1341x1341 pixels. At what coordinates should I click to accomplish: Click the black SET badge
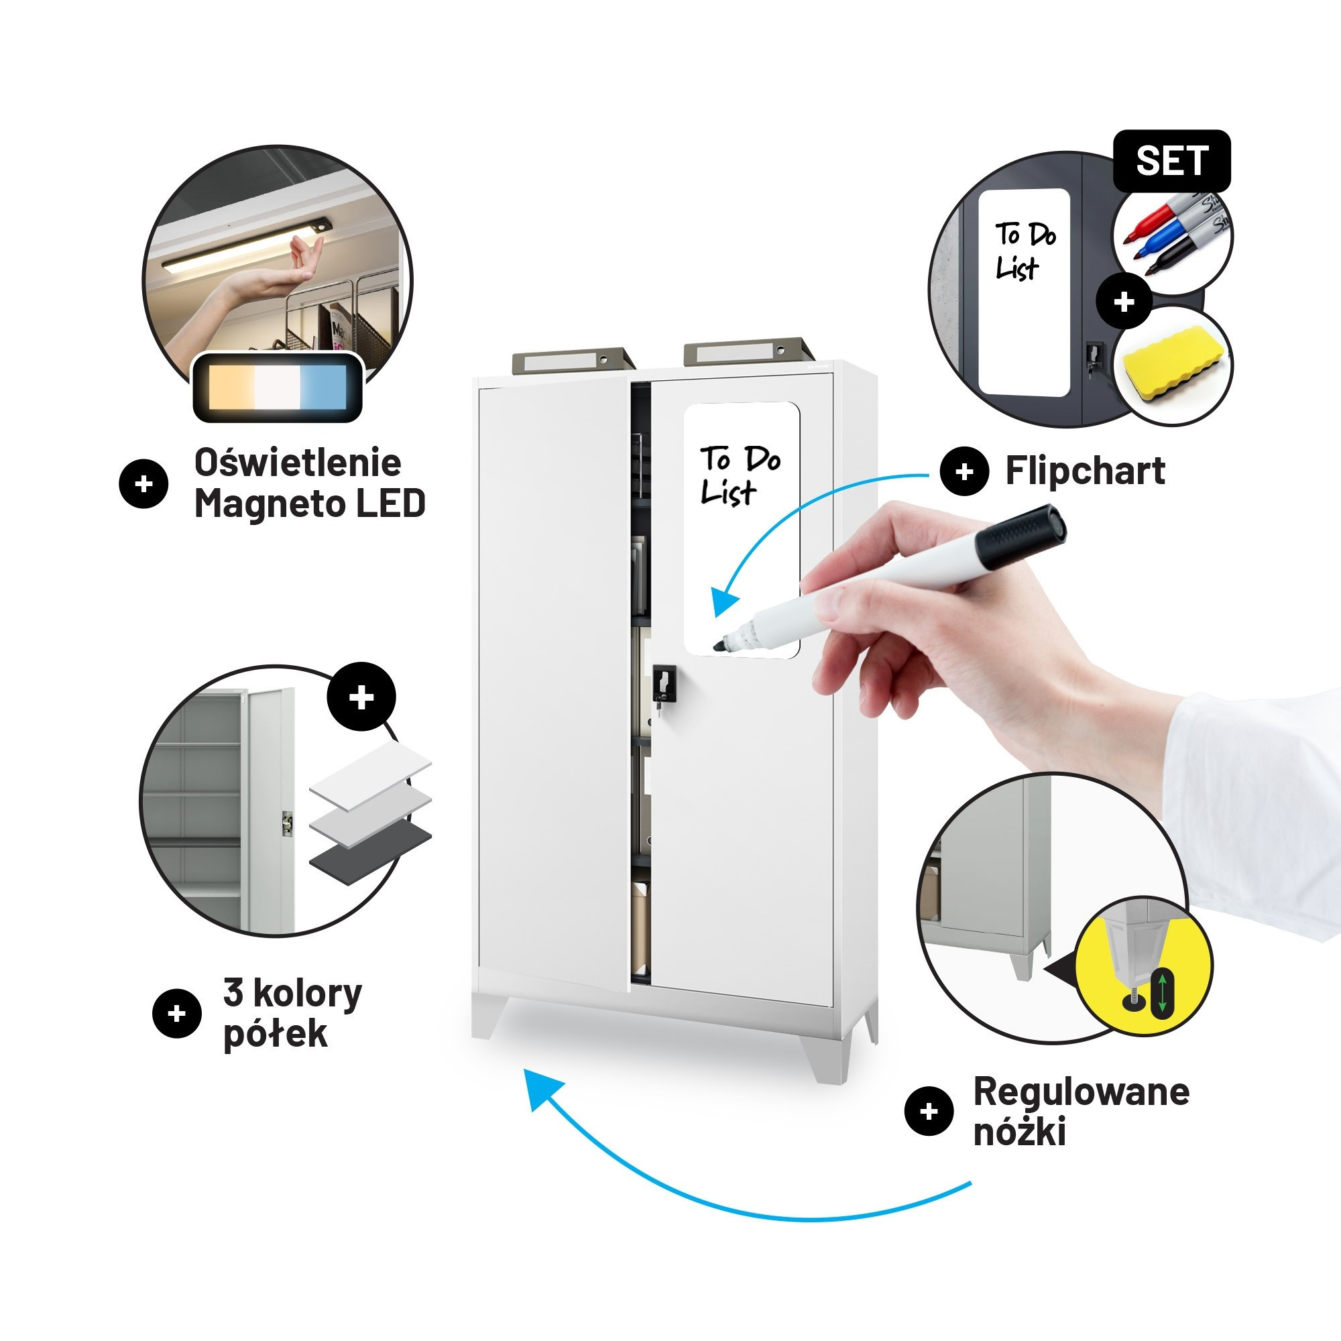[x=1171, y=161]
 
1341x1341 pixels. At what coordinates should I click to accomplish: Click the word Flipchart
[x=1085, y=471]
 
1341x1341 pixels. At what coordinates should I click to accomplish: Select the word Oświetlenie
[x=298, y=462]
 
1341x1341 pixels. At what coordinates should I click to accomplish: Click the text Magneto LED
[x=310, y=504]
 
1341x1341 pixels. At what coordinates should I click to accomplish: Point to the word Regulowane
[x=1082, y=1092]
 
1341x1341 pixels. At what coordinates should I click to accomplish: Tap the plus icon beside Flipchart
[x=964, y=472]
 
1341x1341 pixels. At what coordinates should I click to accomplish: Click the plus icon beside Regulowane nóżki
[x=929, y=1112]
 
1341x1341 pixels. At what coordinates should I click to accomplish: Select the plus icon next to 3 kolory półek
[x=177, y=1013]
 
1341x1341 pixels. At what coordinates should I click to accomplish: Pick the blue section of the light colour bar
[x=323, y=387]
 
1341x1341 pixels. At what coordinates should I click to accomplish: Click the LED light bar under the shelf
[x=246, y=243]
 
